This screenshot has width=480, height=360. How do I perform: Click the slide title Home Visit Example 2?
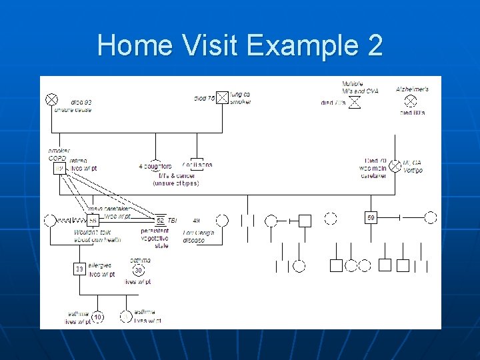[x=240, y=46]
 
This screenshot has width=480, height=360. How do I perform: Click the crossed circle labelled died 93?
[x=51, y=99]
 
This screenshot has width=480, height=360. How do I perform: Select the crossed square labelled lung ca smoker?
[x=222, y=99]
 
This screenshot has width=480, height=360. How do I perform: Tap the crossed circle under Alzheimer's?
[x=411, y=101]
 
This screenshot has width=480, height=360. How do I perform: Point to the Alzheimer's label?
[x=412, y=89]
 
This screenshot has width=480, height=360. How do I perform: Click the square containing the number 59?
[x=371, y=217]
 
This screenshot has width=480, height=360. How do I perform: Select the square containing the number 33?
[x=79, y=269]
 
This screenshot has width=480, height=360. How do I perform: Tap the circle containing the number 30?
[x=138, y=270]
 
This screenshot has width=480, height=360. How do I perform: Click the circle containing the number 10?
[x=97, y=317]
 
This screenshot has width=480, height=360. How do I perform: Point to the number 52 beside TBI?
[x=160, y=220]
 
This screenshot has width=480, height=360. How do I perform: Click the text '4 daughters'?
[x=155, y=166]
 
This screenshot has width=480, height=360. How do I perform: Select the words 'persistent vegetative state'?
[x=155, y=238]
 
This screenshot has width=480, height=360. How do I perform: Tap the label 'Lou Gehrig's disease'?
[x=199, y=236]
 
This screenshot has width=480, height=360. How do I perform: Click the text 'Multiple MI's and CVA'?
[x=359, y=87]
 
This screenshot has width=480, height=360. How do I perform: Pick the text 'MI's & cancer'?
[x=175, y=175]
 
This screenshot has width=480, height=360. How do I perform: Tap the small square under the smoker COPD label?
[x=59, y=169]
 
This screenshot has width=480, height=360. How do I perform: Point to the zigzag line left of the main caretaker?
[x=71, y=220]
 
